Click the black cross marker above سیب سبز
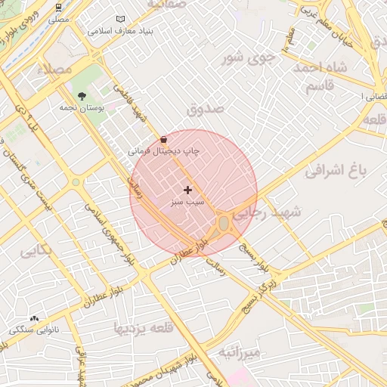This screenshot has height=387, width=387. [x=187, y=190]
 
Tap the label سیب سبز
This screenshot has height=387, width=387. [x=187, y=203]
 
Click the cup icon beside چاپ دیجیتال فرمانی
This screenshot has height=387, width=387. [x=165, y=140]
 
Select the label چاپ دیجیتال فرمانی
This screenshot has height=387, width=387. [x=163, y=151]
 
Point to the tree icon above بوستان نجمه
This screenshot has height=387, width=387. [x=82, y=96]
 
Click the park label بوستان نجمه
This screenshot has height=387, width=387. [x=82, y=108]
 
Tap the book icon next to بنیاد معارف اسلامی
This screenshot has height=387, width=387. [x=121, y=20]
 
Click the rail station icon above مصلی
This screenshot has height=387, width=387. [x=59, y=6]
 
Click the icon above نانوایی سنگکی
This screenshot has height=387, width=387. [x=34, y=319]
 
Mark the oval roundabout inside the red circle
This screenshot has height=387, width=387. [x=224, y=223]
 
